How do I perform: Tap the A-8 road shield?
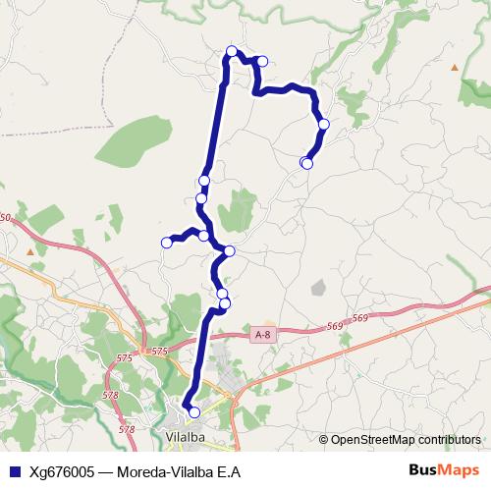[261, 335]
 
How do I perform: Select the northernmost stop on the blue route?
[232, 51]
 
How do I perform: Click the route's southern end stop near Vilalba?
[193, 412]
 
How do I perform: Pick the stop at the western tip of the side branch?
[167, 243]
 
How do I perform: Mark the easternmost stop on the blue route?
[323, 124]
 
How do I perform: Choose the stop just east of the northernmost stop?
[262, 61]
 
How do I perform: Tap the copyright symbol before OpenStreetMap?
[324, 439]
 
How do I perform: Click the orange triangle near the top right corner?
[455, 67]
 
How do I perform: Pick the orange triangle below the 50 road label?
[30, 251]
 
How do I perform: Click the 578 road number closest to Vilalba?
[127, 429]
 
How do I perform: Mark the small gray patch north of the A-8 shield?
[317, 288]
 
